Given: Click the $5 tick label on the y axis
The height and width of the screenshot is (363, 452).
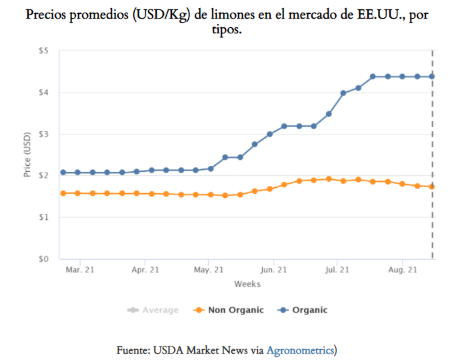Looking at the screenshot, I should (x=43, y=51).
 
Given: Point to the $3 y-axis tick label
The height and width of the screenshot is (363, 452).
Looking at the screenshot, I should (x=43, y=134).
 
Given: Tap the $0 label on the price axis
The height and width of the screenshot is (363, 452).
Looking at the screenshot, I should (x=43, y=258).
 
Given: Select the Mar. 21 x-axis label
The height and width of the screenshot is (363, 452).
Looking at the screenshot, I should (x=80, y=270).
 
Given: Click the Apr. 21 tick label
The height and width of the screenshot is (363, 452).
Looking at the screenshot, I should (x=145, y=270).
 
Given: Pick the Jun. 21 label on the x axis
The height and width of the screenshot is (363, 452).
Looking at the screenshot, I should (x=273, y=270).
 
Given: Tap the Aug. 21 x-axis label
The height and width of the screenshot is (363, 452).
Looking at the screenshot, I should (x=403, y=270).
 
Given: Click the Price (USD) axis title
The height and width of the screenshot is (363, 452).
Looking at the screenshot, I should (x=27, y=155).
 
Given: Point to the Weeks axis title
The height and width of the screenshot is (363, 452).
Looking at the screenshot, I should (x=247, y=284).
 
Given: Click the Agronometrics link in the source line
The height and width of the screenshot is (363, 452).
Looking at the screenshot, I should (x=300, y=350).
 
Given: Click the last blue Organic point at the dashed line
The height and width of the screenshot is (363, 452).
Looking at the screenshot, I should (x=432, y=77).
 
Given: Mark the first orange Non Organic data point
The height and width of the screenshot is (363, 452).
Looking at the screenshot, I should (x=63, y=193).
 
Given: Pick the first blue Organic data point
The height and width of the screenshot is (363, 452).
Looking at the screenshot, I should (x=63, y=173).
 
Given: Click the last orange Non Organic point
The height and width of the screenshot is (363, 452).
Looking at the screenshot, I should (x=432, y=186).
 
